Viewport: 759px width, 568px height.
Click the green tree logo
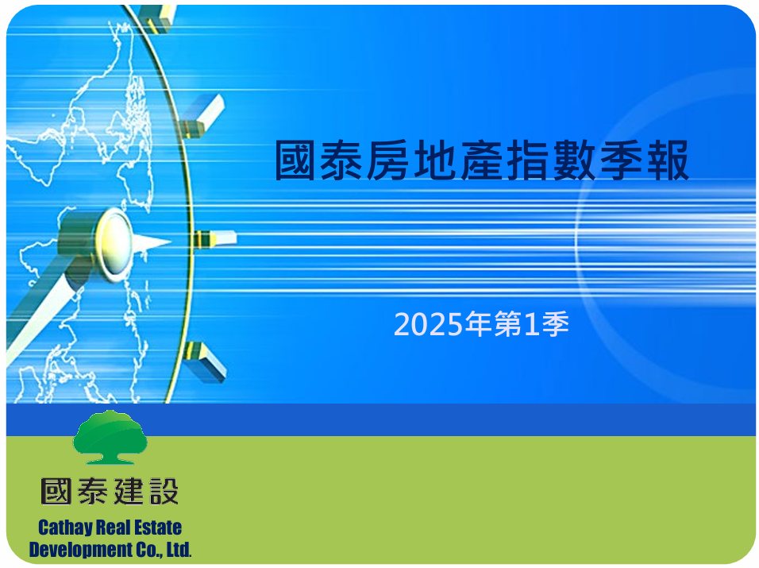click(x=110, y=437)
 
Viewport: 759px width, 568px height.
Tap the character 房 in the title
click(x=387, y=160)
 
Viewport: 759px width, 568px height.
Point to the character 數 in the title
click(x=575, y=160)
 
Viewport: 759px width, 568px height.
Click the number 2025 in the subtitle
click(x=429, y=324)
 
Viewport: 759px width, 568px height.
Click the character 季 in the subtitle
click(x=555, y=324)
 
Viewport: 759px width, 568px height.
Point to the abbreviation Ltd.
click(x=179, y=550)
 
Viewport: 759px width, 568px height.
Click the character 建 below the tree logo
click(x=129, y=491)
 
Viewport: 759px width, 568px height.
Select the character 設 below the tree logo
click(x=164, y=491)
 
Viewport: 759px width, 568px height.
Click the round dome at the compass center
click(x=114, y=244)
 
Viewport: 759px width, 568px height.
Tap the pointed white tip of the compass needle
click(x=171, y=241)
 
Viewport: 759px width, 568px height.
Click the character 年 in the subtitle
click(x=479, y=324)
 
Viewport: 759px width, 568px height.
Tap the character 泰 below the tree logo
click(x=92, y=491)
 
